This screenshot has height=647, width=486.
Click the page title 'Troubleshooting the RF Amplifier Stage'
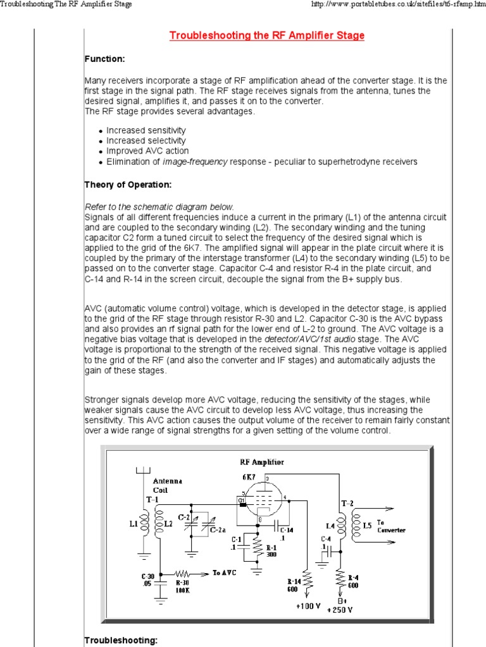coord(266,35)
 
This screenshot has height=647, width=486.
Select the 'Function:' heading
coord(105,59)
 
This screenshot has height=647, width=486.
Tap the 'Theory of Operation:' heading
coord(127,184)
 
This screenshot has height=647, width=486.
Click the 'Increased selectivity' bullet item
coord(146,141)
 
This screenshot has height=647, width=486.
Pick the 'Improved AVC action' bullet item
coord(147,151)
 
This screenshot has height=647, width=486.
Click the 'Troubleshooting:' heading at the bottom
coord(120,640)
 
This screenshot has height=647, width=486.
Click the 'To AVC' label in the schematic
coord(225,572)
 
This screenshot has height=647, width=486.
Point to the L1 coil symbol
coord(144,523)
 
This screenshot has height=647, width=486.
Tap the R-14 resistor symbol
coord(307,579)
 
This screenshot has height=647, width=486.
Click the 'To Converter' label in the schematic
coord(390,526)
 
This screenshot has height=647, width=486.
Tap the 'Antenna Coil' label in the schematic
coord(167,485)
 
